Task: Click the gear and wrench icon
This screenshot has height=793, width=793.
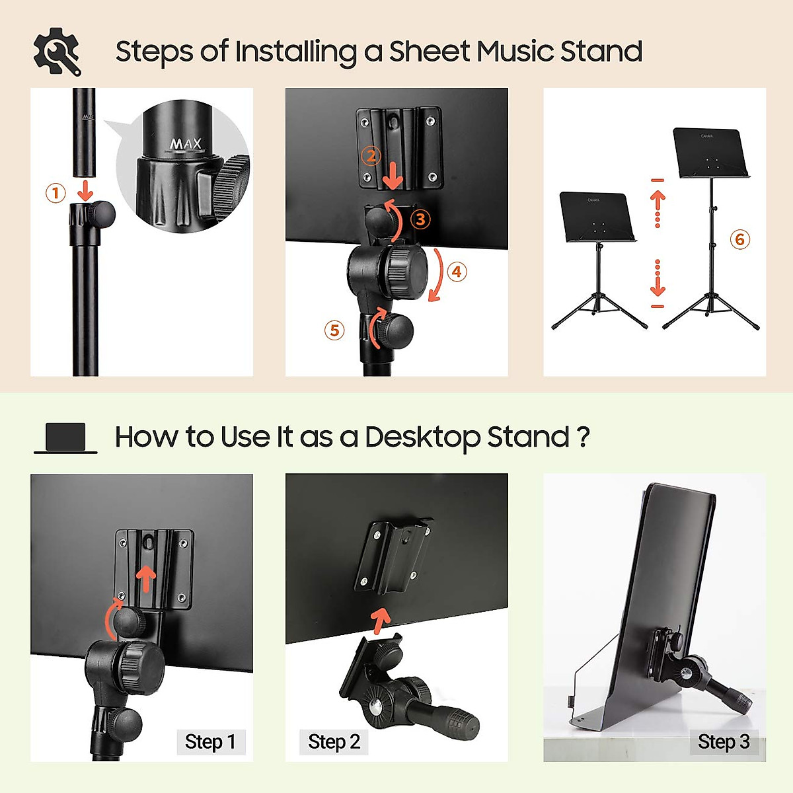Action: (x=57, y=52)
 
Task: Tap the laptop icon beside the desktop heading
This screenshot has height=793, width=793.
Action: (x=65, y=438)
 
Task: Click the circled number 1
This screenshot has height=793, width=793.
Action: (x=56, y=193)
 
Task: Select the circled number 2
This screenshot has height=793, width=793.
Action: (x=371, y=156)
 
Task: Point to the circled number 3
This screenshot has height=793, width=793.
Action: (x=420, y=219)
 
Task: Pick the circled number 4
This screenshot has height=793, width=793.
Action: (x=457, y=272)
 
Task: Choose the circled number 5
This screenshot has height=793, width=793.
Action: (x=334, y=330)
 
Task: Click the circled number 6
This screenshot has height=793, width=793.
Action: (x=739, y=239)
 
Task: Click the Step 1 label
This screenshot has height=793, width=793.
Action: (x=210, y=742)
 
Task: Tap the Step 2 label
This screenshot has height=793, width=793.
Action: (x=334, y=742)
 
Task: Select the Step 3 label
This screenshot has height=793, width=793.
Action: (x=723, y=742)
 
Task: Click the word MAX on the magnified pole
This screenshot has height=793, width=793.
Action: (x=186, y=143)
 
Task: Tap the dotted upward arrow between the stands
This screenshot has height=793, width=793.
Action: (x=658, y=208)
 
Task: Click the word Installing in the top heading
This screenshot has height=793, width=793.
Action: (x=295, y=52)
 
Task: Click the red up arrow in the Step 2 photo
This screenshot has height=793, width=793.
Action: (x=380, y=621)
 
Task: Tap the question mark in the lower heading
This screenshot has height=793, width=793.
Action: (x=583, y=437)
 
